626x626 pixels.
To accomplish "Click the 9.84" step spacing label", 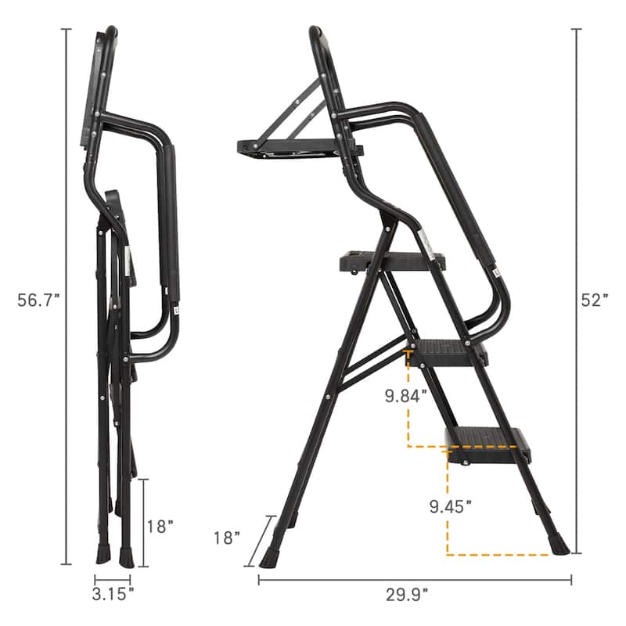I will point(405,395).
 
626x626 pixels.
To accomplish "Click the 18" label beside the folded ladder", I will point(160,526).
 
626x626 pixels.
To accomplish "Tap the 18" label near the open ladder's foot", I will point(226,537).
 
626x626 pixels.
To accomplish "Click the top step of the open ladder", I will point(391,261).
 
